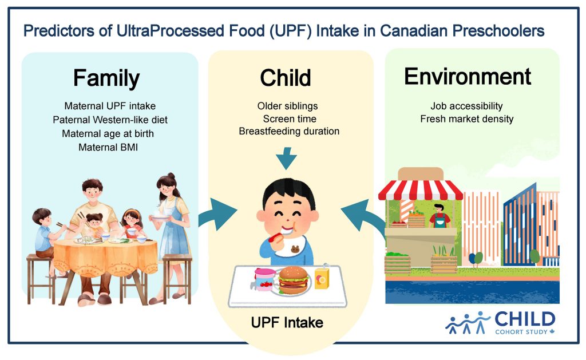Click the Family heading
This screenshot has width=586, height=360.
click(x=106, y=78)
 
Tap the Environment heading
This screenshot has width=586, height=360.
click(x=468, y=77)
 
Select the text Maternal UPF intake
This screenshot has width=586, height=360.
click(x=110, y=106)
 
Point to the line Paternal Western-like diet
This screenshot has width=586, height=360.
click(x=110, y=120)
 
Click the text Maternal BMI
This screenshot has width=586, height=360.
click(x=108, y=147)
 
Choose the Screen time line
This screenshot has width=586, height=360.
click(x=290, y=119)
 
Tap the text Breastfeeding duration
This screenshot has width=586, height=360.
click(x=289, y=131)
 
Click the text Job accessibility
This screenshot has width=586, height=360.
click(x=466, y=106)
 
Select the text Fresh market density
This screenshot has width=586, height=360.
click(x=467, y=119)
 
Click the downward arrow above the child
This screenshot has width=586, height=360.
click(x=287, y=158)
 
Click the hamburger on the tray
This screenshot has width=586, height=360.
click(x=294, y=280)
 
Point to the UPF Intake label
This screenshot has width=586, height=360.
click(x=287, y=323)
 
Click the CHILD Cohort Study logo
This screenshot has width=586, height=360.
click(x=500, y=323)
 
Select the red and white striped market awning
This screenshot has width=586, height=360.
click(x=421, y=190)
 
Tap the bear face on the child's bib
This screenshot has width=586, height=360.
click(x=295, y=249)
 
